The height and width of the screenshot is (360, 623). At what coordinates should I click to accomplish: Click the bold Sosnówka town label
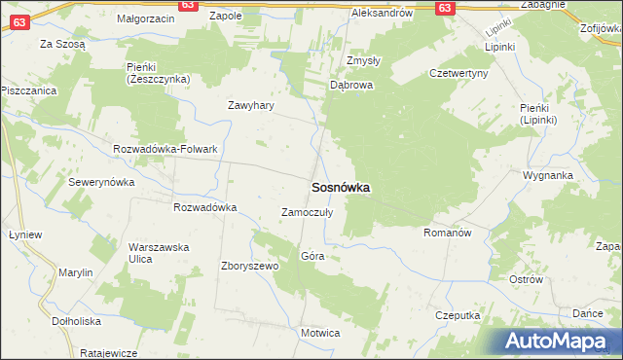(340, 188)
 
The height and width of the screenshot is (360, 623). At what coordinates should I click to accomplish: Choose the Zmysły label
(363, 59)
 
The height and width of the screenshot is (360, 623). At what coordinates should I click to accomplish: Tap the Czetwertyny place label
(458, 73)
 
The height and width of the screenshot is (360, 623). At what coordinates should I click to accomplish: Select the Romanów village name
(448, 234)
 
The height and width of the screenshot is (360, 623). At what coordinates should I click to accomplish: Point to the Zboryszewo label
(250, 266)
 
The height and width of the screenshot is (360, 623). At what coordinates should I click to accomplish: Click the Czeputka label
(458, 316)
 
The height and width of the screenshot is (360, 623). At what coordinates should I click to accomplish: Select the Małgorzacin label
(145, 18)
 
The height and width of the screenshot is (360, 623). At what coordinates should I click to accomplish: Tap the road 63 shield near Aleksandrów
(444, 7)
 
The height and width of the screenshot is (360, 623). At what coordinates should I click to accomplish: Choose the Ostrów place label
(526, 279)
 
